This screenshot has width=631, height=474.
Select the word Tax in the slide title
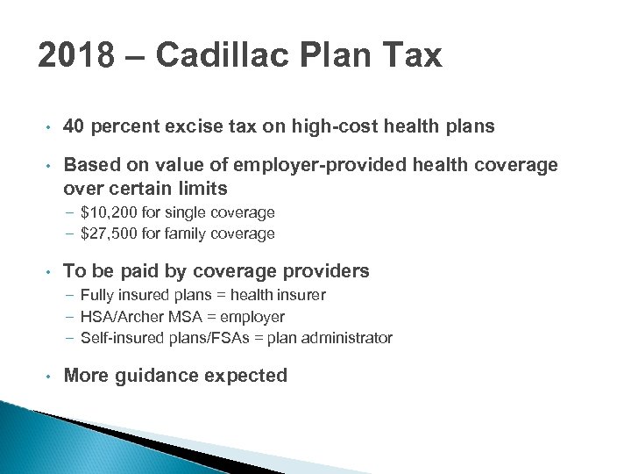click(x=412, y=56)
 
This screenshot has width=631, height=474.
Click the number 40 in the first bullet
click(x=74, y=126)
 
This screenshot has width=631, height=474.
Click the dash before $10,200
click(x=69, y=212)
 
